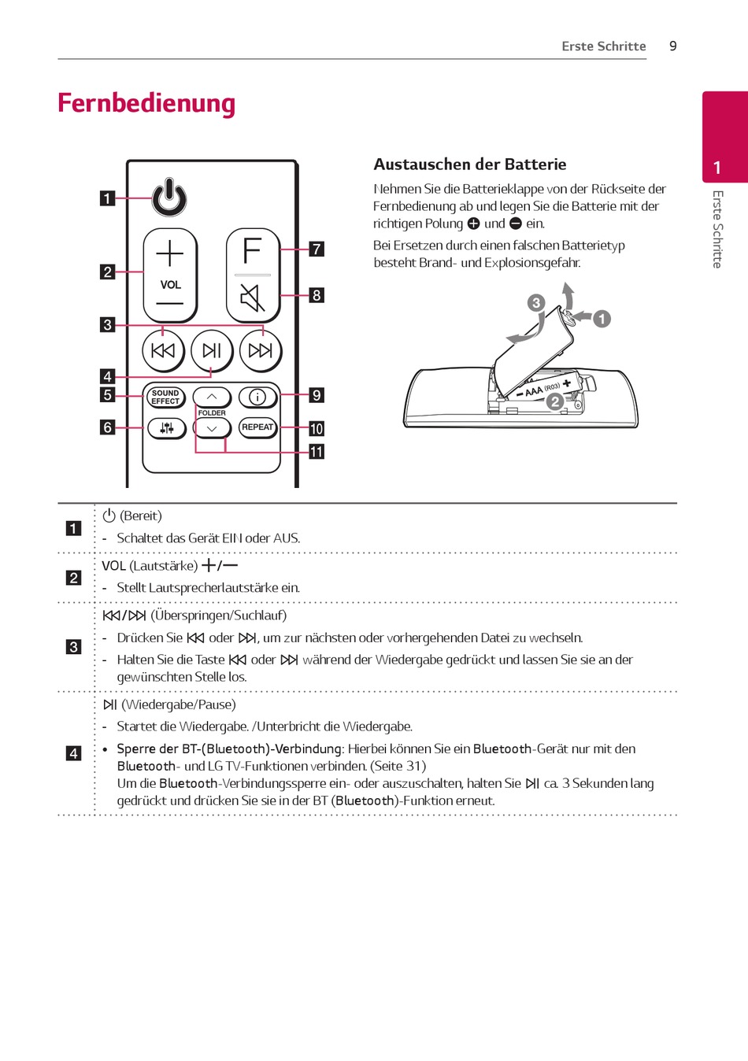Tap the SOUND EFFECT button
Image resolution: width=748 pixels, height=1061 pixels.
click(x=165, y=397)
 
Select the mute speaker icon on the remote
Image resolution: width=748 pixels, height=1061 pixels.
click(x=252, y=298)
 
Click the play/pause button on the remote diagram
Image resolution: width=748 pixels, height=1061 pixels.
click(x=212, y=350)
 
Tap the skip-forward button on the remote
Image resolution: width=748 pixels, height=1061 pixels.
click(x=261, y=350)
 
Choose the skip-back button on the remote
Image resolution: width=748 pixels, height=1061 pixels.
click(x=163, y=350)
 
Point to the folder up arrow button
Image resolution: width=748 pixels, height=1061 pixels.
click(x=212, y=397)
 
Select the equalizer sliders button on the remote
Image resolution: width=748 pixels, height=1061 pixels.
click(x=166, y=428)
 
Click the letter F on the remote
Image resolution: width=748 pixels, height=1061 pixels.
click(x=252, y=251)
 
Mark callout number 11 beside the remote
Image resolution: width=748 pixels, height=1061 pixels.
click(x=317, y=452)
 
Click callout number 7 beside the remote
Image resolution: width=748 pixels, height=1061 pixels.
click(x=317, y=249)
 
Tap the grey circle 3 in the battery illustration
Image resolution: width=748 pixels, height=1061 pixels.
click(x=536, y=303)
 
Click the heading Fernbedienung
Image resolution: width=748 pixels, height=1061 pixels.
click(x=146, y=103)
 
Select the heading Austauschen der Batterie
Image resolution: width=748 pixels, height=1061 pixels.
click(x=470, y=165)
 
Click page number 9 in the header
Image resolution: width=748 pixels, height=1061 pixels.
click(x=673, y=46)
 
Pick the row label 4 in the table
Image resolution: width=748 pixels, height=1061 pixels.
click(x=73, y=753)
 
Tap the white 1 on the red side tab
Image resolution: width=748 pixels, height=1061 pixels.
click(x=717, y=168)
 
